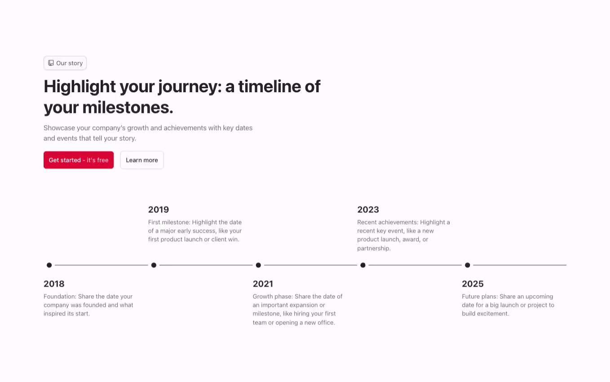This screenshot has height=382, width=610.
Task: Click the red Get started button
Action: point(79,160)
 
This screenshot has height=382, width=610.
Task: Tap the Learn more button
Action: point(142,160)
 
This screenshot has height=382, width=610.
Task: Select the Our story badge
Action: point(65,63)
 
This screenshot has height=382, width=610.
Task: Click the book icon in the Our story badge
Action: point(51,63)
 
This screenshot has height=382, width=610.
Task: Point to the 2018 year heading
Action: point(54,284)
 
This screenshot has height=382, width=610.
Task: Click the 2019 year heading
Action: point(159,210)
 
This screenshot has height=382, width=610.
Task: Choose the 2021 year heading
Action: point(263,284)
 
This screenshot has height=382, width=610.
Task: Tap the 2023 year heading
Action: point(368,210)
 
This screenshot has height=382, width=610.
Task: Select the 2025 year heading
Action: point(473,284)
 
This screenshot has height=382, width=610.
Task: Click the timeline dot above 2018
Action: point(49,265)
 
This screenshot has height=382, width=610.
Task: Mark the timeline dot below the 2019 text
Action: point(154,265)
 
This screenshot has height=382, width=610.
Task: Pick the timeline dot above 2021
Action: point(258,265)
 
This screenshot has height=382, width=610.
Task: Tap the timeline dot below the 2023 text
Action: point(363,265)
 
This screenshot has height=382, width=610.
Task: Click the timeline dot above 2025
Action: point(468,265)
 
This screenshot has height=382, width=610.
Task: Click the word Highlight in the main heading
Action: point(80,86)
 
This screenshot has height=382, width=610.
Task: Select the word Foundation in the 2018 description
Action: point(60,297)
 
